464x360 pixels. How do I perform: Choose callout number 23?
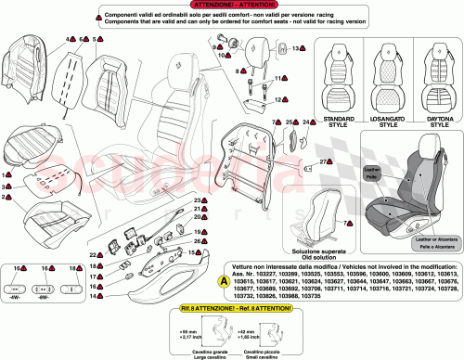tap(197, 201)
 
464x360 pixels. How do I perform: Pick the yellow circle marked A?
tap(223, 279)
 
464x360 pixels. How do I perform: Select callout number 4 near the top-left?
tap(69, 40)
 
